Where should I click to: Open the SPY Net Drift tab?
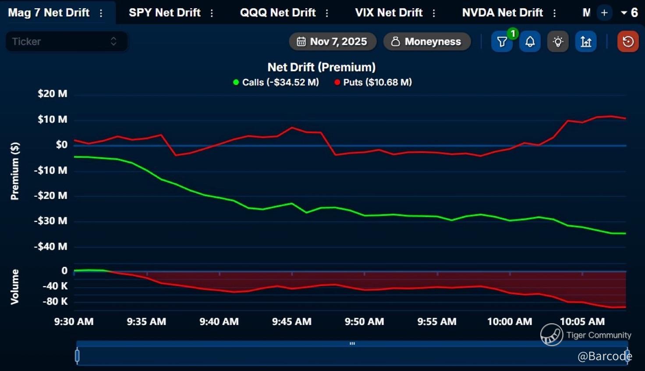click(164, 13)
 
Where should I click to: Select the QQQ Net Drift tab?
click(278, 13)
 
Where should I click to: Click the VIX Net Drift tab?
click(389, 13)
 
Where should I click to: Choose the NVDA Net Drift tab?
click(502, 13)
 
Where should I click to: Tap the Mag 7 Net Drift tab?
click(49, 13)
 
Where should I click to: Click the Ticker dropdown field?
click(66, 42)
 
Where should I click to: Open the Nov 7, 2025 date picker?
click(332, 42)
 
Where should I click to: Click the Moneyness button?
click(427, 42)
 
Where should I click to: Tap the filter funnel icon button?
click(502, 42)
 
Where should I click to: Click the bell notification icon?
click(530, 42)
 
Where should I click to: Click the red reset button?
click(628, 42)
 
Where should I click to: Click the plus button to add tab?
click(604, 13)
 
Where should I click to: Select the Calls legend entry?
click(276, 82)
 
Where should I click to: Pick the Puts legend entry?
click(373, 82)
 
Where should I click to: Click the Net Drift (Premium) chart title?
click(322, 67)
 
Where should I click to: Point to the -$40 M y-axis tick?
click(51, 247)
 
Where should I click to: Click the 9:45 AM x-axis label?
click(291, 322)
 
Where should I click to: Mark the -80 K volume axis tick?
click(55, 301)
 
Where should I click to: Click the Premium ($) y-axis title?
click(15, 171)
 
